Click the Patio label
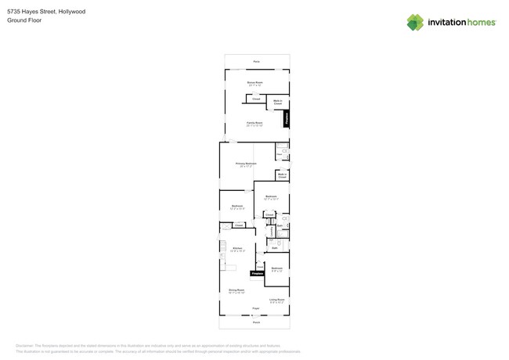tap(256, 61)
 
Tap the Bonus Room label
tap(255, 82)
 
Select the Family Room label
tap(254, 123)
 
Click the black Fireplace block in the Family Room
tap(287, 118)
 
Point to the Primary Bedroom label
tap(246, 164)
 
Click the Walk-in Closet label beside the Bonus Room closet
tap(277, 102)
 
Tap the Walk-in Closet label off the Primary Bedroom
tap(282, 175)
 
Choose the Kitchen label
tap(237, 248)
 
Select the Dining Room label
tap(236, 290)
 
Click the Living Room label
tap(277, 300)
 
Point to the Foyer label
tap(255, 308)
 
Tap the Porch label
tap(256, 322)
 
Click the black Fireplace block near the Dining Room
tap(257, 273)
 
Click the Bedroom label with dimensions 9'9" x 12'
tap(276, 268)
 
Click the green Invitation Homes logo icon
tap(415, 22)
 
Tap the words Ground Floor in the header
tap(24, 20)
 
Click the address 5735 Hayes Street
tap(31, 12)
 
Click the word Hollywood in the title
tap(72, 12)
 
